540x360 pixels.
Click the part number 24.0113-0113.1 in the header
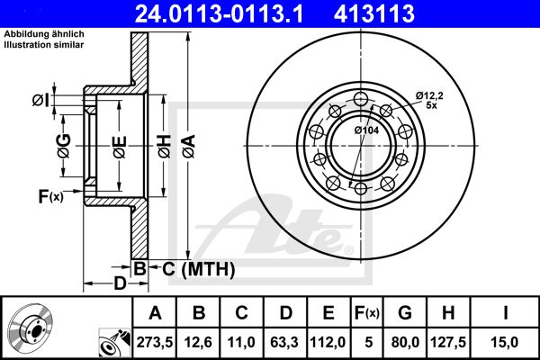click(x=219, y=13)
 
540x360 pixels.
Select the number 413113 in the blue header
click(x=374, y=13)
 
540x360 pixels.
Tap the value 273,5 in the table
click(x=154, y=342)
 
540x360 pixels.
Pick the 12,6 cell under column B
click(x=198, y=342)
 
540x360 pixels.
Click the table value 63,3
click(x=284, y=342)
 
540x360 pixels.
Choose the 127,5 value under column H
click(x=448, y=342)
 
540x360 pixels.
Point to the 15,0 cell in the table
click(x=505, y=342)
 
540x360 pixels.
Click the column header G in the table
click(x=405, y=313)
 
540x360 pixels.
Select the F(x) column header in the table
click(x=367, y=313)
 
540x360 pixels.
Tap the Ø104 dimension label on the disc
click(x=367, y=130)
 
